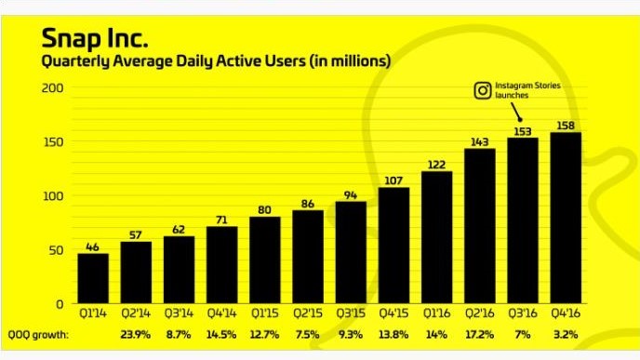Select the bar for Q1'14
[93, 278]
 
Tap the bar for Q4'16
[566, 218]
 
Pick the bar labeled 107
[394, 246]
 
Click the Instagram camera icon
[483, 91]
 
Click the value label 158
[566, 126]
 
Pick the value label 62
[180, 229]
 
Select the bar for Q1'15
[265, 260]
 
